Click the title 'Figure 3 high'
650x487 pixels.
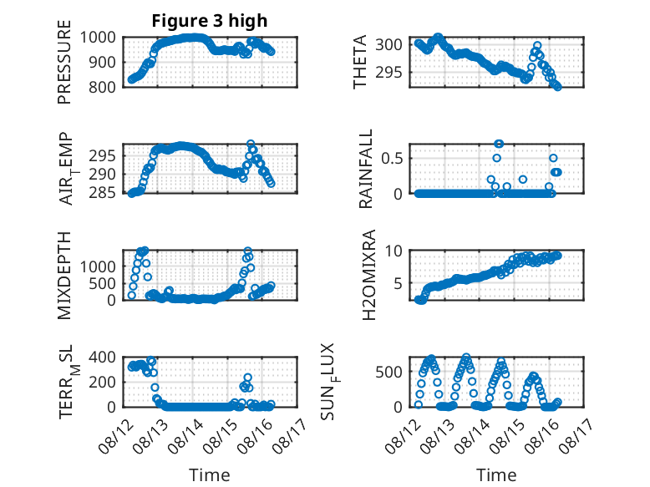[210, 21]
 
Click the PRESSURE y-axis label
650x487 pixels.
[64, 62]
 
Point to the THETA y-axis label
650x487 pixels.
[360, 62]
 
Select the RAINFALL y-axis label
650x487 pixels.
[366, 169]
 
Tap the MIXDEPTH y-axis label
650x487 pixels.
[64, 276]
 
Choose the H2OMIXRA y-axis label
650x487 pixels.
[368, 275]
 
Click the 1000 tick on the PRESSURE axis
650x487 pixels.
[98, 38]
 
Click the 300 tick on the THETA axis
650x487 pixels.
[388, 44]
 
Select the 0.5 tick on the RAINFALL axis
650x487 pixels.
[392, 159]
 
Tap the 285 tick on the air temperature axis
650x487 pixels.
[102, 193]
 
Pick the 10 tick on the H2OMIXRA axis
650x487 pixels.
[394, 251]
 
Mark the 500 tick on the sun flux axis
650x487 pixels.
[388, 372]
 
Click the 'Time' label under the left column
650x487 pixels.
[210, 474]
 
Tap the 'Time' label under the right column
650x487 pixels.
[496, 474]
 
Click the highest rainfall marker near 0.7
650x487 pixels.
[499, 144]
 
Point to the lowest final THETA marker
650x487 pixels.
[558, 87]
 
